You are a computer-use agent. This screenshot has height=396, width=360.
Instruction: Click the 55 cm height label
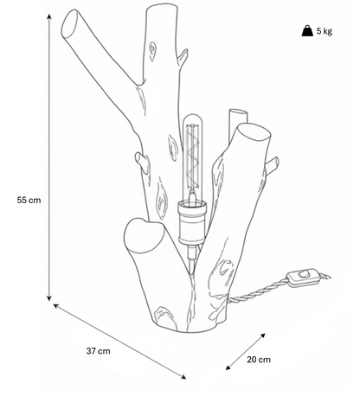(x=29, y=200)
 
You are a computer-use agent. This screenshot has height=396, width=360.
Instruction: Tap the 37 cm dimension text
(x=98, y=351)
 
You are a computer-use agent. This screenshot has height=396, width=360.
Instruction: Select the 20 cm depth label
(x=259, y=360)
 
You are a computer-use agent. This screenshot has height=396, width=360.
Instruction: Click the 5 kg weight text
(x=325, y=30)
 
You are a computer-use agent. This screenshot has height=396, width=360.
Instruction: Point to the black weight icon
(x=307, y=30)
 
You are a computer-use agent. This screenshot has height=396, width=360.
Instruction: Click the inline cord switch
(x=301, y=278)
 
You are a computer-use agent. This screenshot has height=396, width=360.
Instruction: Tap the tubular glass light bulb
(x=191, y=158)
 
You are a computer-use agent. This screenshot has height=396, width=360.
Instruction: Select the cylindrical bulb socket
(x=193, y=223)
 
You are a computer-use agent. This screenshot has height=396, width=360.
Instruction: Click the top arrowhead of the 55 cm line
(x=49, y=16)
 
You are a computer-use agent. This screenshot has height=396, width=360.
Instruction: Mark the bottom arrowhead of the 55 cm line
(x=49, y=298)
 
